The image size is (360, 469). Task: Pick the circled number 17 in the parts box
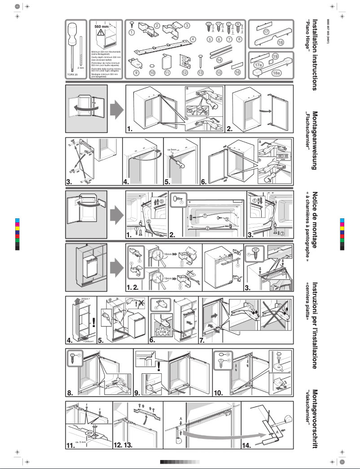coord(266,32)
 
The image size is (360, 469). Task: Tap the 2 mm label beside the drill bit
coord(81,67)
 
